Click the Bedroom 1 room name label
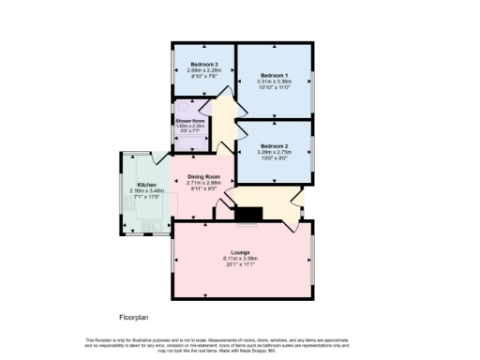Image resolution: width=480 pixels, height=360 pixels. tap(275, 74)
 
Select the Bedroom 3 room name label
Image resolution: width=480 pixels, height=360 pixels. tap(203, 62)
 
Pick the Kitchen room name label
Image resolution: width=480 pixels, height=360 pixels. tap(146, 185)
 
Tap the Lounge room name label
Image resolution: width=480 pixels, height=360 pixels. tap(242, 252)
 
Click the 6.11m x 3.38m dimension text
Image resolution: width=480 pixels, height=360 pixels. tap(242, 258)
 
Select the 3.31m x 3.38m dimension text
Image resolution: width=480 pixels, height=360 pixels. tap(275, 81)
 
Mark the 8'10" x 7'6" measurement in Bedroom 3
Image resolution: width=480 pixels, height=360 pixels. tap(203, 74)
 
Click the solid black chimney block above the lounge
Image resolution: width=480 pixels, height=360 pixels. tap(248, 217)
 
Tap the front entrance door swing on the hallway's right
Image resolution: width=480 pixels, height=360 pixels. tap(296, 200)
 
